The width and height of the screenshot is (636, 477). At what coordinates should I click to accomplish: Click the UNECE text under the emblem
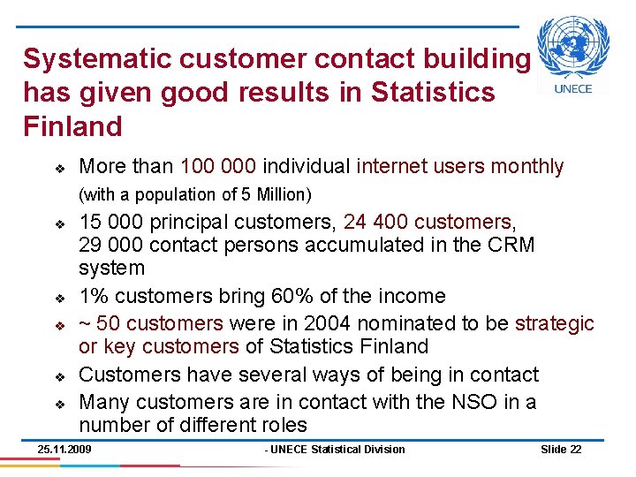[573, 88]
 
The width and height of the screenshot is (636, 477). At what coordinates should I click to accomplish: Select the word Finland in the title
[72, 126]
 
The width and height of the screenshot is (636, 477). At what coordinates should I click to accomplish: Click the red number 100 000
[217, 166]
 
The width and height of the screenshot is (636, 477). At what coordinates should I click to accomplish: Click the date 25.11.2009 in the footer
[64, 450]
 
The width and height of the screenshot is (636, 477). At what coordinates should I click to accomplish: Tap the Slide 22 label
[560, 450]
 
